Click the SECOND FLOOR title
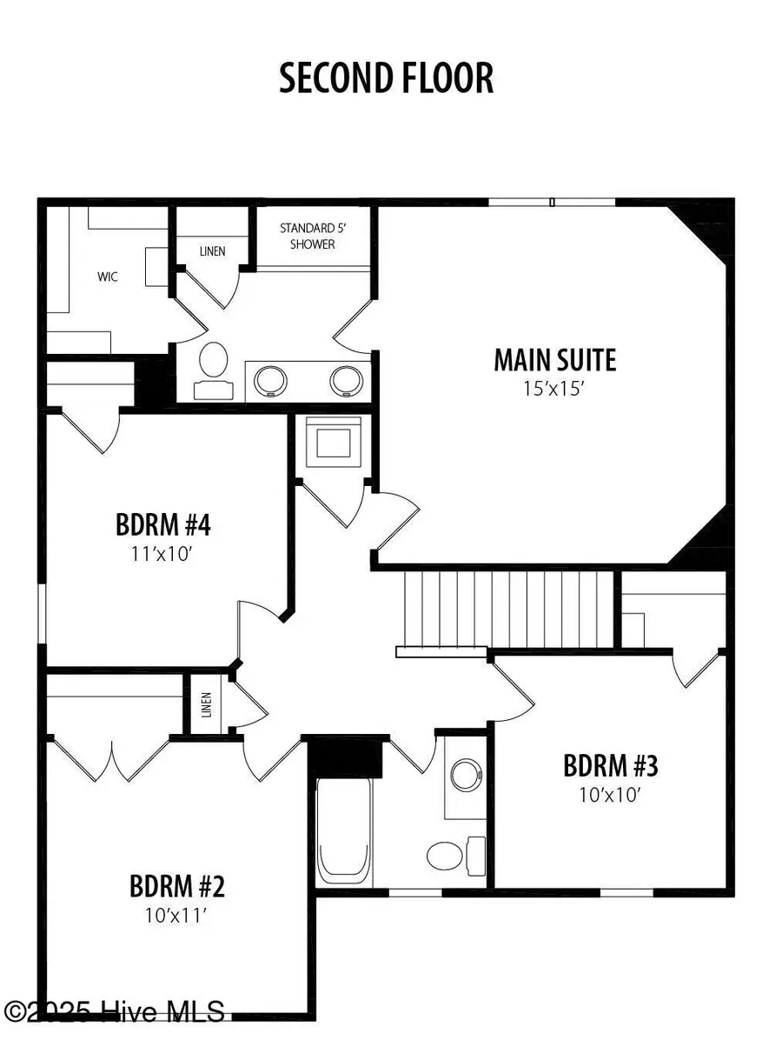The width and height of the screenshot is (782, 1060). click(386, 78)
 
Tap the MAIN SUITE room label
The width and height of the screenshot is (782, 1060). click(554, 360)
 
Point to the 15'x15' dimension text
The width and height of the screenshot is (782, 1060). click(554, 389)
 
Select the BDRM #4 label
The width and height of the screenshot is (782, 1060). click(163, 525)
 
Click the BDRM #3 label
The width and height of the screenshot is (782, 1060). click(610, 766)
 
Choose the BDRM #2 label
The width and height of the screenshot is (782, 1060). click(177, 887)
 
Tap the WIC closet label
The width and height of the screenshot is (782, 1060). click(107, 277)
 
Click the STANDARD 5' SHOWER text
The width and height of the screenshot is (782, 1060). click(307, 237)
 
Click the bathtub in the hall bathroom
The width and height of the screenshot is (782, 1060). click(344, 830)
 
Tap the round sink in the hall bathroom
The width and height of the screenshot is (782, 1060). click(467, 775)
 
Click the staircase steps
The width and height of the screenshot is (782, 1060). click(509, 609)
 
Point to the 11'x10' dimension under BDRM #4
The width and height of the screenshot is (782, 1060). click(163, 553)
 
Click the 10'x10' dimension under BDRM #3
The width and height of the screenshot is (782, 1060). click(610, 794)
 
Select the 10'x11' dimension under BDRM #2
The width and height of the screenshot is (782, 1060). click(177, 915)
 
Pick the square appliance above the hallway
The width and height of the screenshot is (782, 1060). click(331, 443)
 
